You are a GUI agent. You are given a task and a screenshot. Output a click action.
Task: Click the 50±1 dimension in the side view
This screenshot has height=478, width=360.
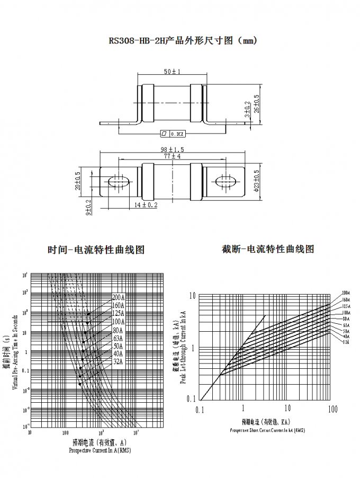(172, 72)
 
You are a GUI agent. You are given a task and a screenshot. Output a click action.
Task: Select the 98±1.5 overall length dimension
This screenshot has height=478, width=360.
(172, 150)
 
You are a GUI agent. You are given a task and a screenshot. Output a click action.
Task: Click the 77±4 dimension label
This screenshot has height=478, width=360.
(172, 156)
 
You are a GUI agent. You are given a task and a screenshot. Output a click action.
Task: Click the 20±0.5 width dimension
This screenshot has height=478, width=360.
(78, 181)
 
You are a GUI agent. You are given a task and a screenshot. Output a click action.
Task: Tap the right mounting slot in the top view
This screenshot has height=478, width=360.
(227, 181)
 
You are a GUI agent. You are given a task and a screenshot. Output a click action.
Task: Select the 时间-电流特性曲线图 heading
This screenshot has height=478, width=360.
(96, 250)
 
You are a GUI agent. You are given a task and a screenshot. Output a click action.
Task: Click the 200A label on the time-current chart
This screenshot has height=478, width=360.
(118, 297)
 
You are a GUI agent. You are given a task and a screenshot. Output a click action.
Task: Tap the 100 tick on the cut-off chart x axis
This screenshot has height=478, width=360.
(332, 409)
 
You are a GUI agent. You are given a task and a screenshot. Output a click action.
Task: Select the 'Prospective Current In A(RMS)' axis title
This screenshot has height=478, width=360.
(100, 450)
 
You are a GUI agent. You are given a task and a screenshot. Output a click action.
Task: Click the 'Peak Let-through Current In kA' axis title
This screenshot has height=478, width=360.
(183, 347)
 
